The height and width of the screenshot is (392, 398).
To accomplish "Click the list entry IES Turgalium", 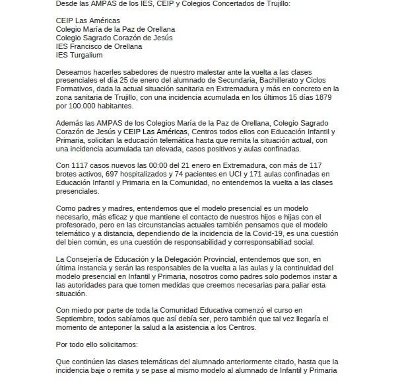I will (x=79, y=55).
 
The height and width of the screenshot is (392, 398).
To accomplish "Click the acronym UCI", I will (x=244, y=173).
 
